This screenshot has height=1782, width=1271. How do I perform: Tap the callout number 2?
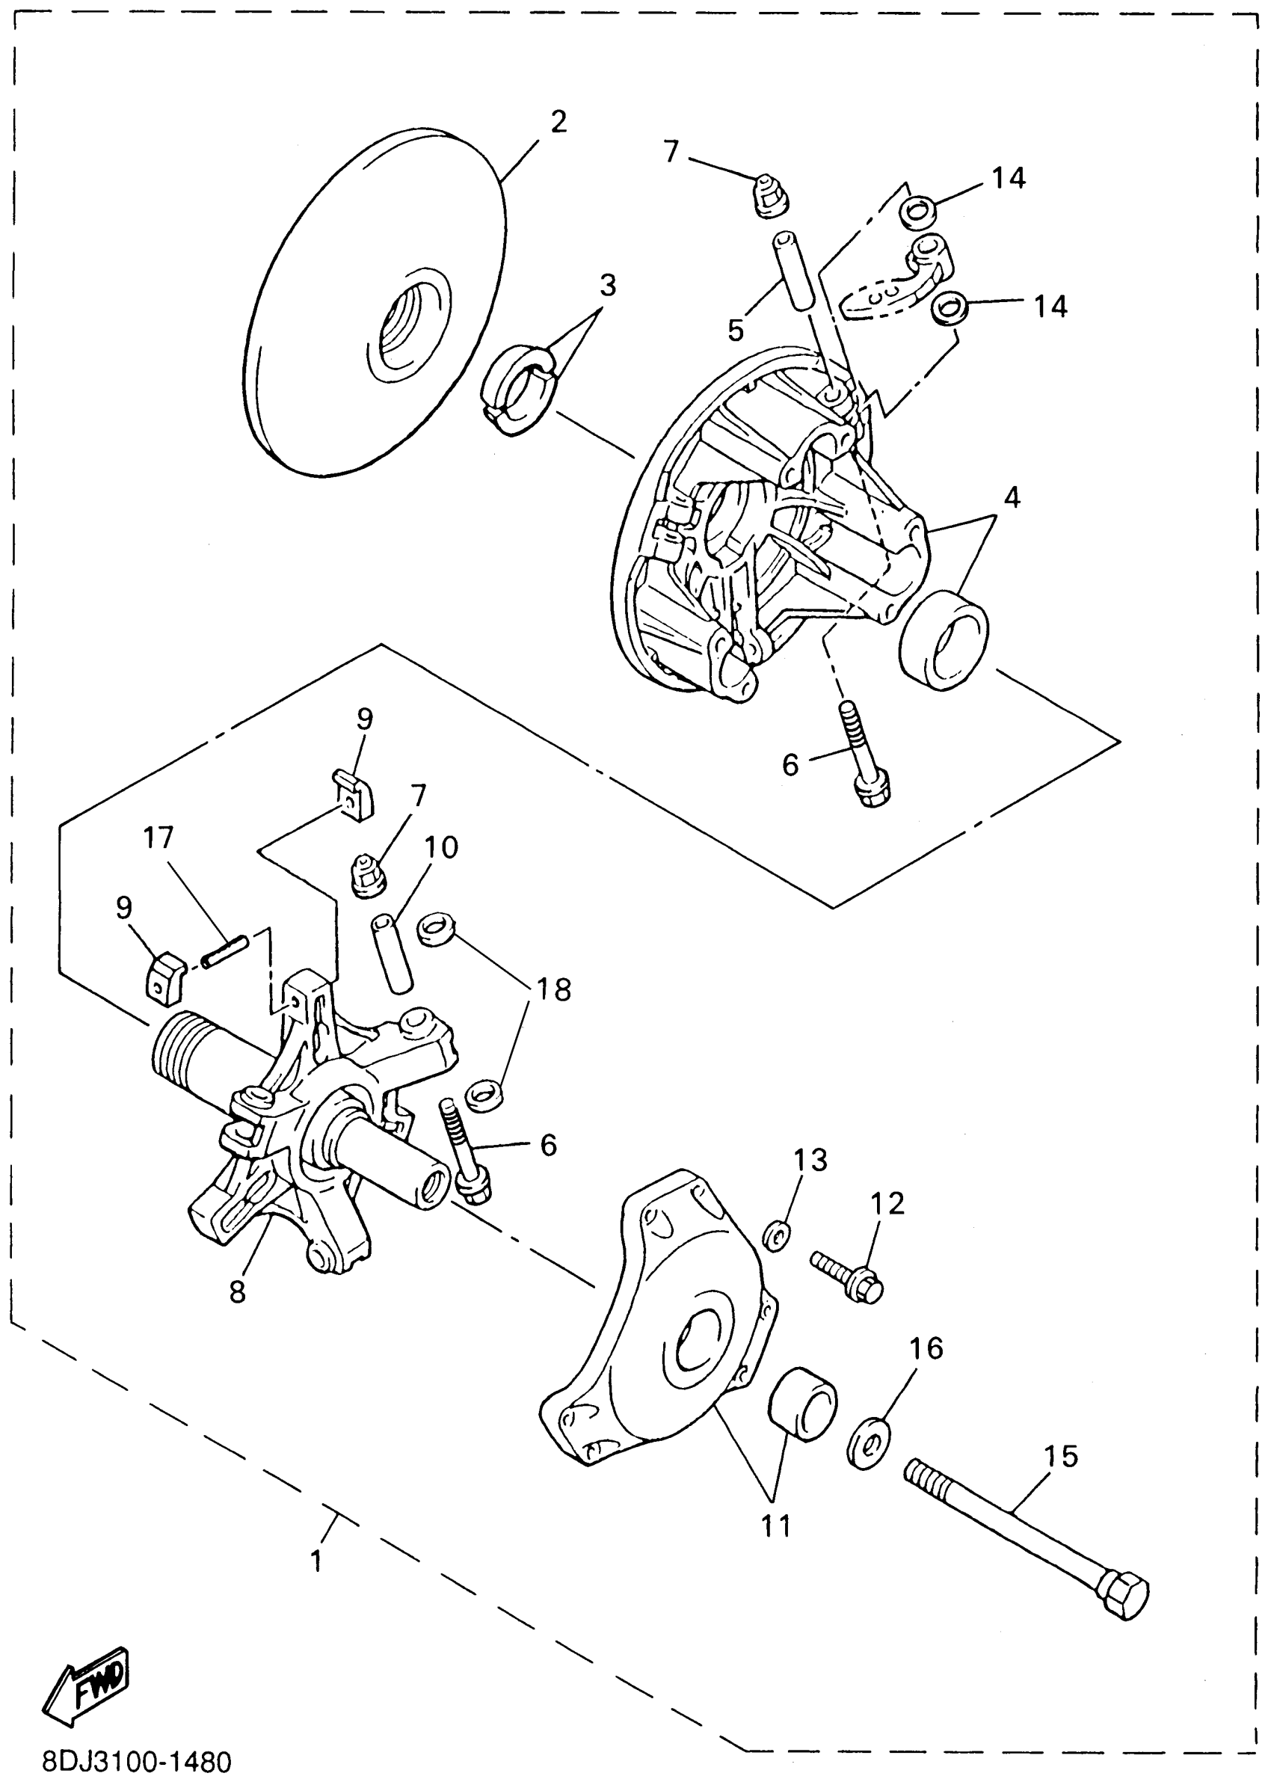pos(558,122)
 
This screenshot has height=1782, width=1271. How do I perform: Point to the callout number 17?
pos(158,838)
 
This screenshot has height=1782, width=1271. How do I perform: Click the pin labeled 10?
pos(390,953)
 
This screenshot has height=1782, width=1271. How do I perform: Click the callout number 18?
pos(553,989)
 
